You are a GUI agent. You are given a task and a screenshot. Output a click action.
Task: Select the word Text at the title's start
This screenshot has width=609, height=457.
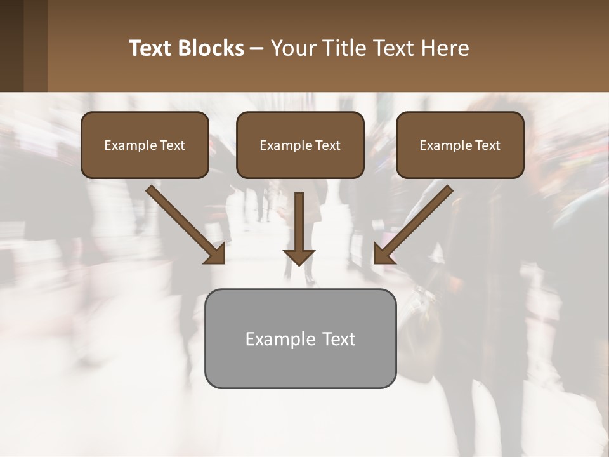(150, 48)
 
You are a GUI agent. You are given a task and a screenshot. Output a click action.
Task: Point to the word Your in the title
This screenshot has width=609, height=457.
(292, 48)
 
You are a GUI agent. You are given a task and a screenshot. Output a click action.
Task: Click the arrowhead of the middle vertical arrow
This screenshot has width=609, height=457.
(299, 256)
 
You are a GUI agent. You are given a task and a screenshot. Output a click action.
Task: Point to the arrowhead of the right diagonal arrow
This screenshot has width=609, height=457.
(383, 253)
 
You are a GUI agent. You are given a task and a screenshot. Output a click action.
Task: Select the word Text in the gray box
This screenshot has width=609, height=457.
(339, 339)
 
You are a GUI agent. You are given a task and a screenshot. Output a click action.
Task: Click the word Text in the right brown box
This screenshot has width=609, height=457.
(487, 145)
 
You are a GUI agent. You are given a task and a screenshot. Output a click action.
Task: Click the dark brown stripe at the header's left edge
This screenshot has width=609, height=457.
(11, 46)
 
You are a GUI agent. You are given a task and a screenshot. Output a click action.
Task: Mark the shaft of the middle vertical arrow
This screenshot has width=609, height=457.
(299, 219)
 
